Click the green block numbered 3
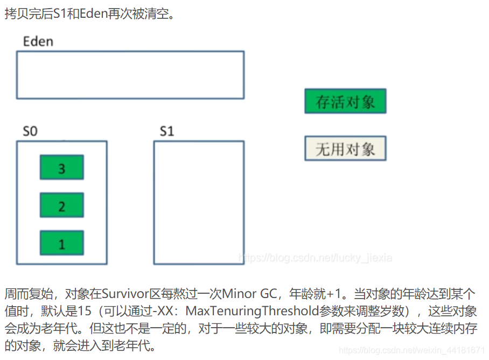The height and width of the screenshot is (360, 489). click(x=61, y=168)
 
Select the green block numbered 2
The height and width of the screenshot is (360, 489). click(x=61, y=205)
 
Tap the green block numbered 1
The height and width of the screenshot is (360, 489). click(x=61, y=243)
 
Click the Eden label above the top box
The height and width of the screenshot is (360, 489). click(x=38, y=41)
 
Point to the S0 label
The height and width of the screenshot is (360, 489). click(x=30, y=131)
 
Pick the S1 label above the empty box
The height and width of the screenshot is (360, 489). click(x=167, y=131)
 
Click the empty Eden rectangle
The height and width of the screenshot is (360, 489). click(x=130, y=75)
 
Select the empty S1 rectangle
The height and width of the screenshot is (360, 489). click(x=198, y=203)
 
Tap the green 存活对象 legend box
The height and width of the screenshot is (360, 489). click(x=345, y=101)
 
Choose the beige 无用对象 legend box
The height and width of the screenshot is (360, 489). click(x=345, y=148)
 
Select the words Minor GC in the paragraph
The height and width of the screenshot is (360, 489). click(x=249, y=294)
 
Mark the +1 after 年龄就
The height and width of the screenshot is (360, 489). click(x=333, y=294)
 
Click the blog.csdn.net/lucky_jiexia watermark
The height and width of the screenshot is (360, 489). click(x=316, y=258)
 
